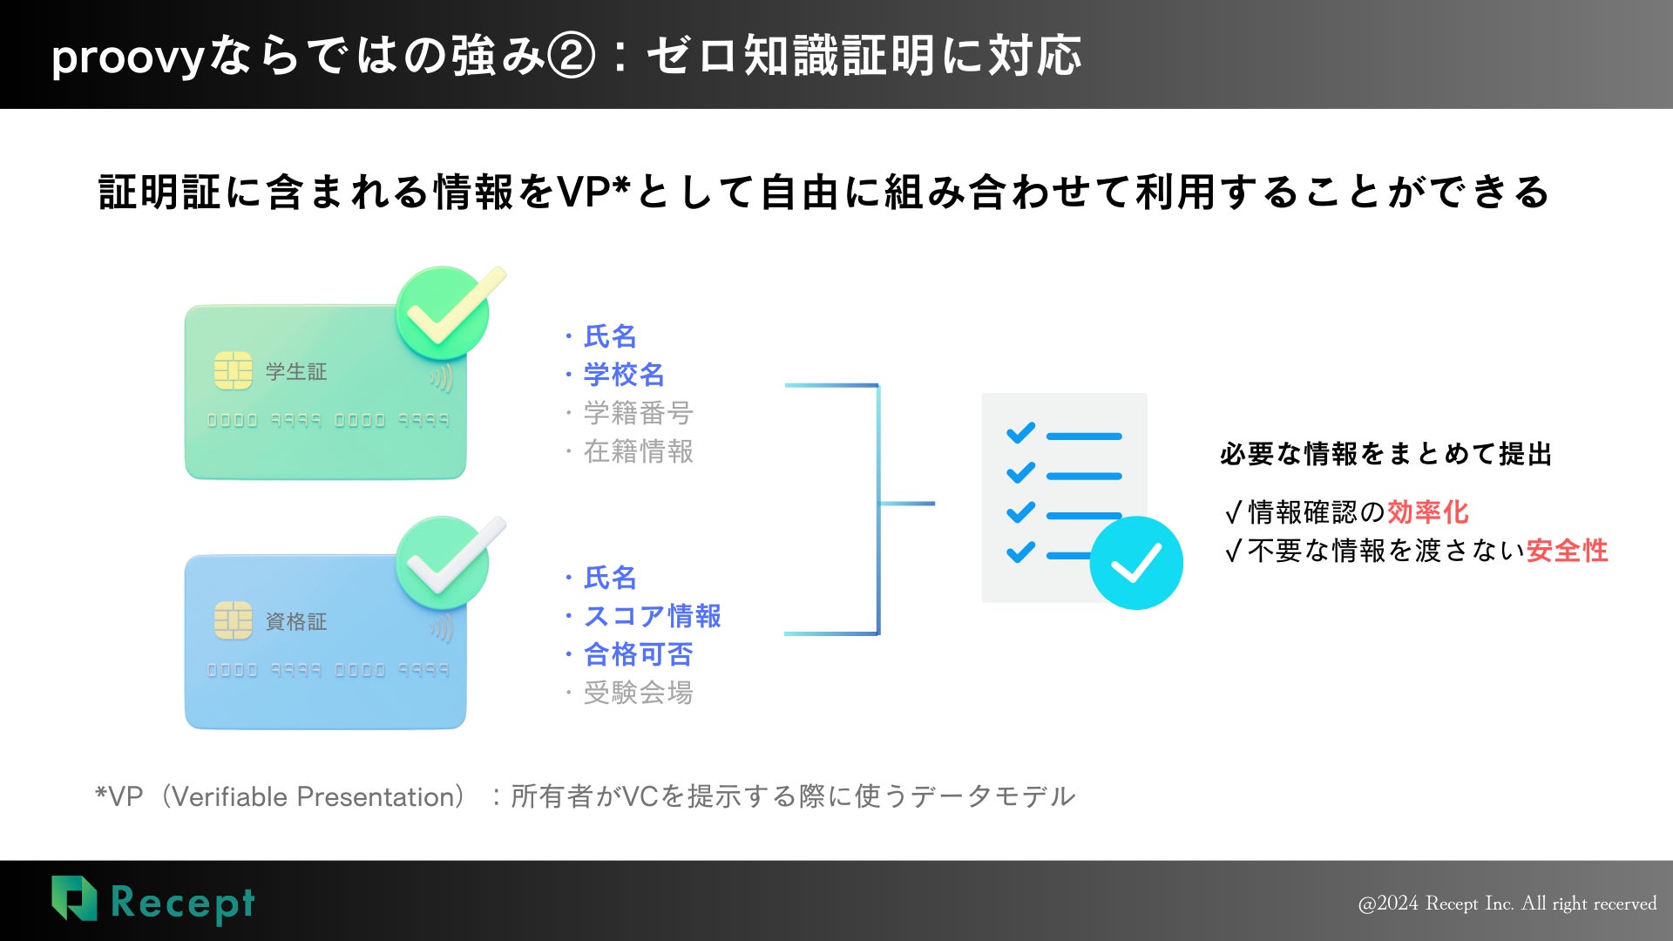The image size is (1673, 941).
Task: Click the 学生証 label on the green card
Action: (296, 372)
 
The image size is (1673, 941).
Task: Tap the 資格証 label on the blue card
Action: (296, 622)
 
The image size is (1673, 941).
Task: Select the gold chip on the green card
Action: (233, 371)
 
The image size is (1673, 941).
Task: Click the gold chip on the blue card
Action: (233, 620)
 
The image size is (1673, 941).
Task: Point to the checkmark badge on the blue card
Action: (444, 563)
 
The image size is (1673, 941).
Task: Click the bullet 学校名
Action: (623, 375)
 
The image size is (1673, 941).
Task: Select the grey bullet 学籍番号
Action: (637, 413)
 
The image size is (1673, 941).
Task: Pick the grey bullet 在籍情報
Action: (637, 451)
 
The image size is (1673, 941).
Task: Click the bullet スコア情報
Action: (651, 616)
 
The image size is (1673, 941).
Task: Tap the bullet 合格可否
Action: (637, 654)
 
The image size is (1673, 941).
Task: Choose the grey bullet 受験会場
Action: (637, 693)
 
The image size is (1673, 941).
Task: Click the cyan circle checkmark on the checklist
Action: (1135, 563)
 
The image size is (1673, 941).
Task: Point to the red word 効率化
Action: (1427, 512)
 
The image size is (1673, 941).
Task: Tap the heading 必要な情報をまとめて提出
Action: (1385, 454)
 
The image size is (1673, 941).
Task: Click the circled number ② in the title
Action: (572, 56)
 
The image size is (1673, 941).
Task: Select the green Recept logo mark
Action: (74, 898)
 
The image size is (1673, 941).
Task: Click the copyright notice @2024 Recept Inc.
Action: (1507, 904)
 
